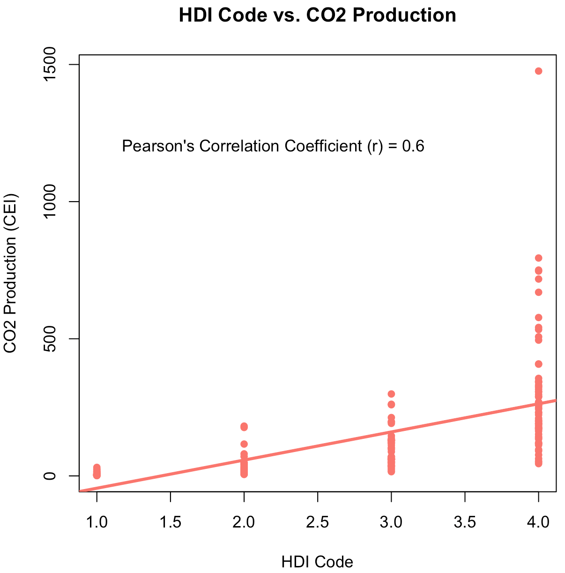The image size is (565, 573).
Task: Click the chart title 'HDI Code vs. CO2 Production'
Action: click(317, 15)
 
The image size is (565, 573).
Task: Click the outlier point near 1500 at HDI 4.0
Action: click(538, 71)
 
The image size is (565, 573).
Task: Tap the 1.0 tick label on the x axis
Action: click(97, 522)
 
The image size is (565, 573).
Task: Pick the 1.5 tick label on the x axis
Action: click(170, 522)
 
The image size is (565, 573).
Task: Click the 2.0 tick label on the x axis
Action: click(244, 522)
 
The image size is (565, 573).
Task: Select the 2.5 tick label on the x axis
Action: click(318, 522)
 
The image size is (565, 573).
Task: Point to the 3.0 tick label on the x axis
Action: click(391, 522)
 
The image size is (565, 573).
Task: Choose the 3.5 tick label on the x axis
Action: click(465, 522)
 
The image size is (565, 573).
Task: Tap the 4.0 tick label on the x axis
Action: click(538, 522)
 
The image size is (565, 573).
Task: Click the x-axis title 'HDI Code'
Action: click(317, 561)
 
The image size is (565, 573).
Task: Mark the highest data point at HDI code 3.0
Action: click(391, 394)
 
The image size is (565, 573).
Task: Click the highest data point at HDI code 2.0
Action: click(244, 426)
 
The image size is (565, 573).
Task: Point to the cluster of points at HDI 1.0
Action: click(97, 471)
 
